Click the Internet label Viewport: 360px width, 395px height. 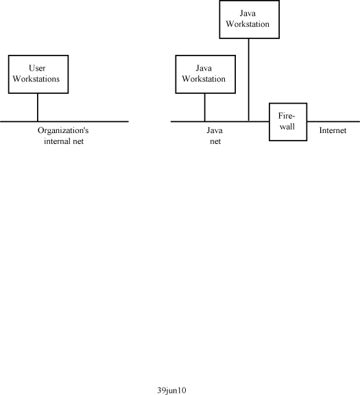click(x=333, y=130)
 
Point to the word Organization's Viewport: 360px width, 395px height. click(x=63, y=130)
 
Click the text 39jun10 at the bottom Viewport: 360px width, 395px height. click(x=172, y=390)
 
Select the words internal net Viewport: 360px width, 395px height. click(x=64, y=141)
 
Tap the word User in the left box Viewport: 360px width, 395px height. click(x=37, y=68)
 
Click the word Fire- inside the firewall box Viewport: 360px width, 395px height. click(x=287, y=116)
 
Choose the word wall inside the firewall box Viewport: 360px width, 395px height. click(x=287, y=126)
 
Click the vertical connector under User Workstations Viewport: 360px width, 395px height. click(x=38, y=107)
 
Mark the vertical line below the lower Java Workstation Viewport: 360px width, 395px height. click(x=204, y=107)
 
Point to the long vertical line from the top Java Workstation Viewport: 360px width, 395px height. click(x=249, y=80)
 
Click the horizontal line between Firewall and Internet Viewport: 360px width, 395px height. click(x=333, y=121)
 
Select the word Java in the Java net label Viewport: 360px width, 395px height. click(x=215, y=130)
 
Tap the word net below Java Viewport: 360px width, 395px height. click(x=215, y=141)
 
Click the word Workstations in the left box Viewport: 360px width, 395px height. click(x=36, y=79)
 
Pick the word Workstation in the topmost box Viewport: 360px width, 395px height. click(x=248, y=24)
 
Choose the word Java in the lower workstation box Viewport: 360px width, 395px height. click(x=204, y=68)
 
